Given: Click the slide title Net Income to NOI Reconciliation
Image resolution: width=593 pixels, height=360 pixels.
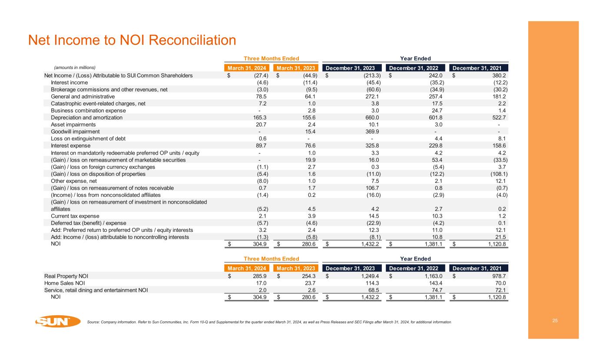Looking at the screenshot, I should pyautogui.click(x=132, y=40).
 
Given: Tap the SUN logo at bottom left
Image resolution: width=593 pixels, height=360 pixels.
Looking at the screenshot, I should pyautogui.click(x=57, y=321).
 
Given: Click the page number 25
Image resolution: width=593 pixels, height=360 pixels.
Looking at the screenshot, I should pyautogui.click(x=555, y=320).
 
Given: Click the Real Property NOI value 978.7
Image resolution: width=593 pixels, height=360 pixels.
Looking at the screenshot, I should pyautogui.click(x=499, y=276).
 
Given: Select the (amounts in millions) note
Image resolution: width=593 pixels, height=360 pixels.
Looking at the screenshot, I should pyautogui.click(x=74, y=68).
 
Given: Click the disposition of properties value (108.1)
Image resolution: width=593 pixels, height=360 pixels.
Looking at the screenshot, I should pyautogui.click(x=498, y=174).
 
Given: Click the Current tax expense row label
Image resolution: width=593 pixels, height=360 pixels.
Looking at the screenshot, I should pyautogui.click(x=75, y=216).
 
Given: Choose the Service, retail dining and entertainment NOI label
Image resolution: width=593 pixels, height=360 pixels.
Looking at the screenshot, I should pyautogui.click(x=96, y=290).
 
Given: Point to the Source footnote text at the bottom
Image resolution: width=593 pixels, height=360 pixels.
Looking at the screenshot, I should pyautogui.click(x=269, y=322).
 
